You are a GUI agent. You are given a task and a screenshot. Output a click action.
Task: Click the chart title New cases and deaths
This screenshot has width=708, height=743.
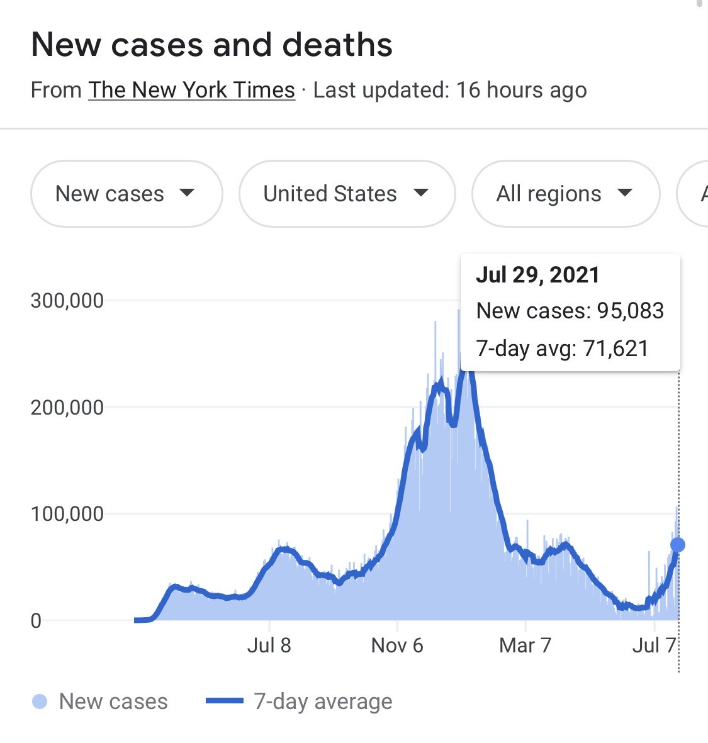211,45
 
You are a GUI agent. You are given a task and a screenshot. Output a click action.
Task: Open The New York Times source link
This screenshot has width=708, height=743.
191,90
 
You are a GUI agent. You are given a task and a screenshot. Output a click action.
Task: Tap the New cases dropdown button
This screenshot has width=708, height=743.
126,194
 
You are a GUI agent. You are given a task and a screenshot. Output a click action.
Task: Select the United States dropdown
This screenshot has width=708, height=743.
346,194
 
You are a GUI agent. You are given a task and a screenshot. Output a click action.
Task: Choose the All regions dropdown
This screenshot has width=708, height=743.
565,194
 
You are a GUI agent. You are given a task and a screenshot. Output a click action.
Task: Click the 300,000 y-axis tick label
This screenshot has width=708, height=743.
67,301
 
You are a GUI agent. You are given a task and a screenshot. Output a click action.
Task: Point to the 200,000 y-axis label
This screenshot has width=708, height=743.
67,408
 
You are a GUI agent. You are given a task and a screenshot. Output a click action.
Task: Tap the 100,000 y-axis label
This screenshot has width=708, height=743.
67,514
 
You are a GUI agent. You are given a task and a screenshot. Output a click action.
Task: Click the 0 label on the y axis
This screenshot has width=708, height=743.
36,621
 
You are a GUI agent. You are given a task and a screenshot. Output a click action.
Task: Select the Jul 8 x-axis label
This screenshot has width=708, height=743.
269,645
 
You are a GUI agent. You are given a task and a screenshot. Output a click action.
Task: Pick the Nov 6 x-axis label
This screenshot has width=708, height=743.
397,645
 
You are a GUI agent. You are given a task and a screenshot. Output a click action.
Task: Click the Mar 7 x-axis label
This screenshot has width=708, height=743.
525,645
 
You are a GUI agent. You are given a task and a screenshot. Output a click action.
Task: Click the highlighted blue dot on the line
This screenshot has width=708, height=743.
678,545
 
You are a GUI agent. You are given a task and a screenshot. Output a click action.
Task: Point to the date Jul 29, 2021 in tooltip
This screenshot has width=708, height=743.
537,275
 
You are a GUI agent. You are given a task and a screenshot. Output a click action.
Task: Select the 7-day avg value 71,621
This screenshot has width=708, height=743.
615,349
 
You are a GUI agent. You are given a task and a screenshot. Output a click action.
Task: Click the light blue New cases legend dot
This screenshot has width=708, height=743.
40,701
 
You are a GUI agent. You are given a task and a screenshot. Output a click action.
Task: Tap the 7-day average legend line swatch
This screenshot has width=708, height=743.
225,701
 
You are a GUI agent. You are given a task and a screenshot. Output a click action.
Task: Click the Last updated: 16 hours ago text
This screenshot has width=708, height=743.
450,90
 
